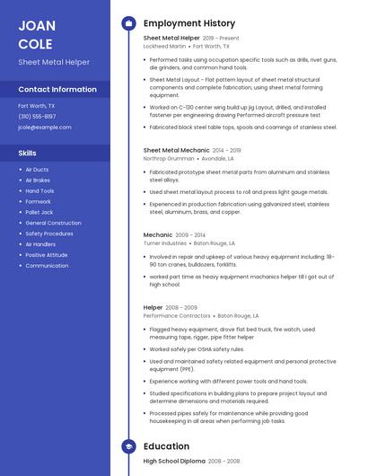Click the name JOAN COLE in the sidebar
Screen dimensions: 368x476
click(x=36, y=34)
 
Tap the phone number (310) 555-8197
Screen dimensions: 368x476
click(x=37, y=116)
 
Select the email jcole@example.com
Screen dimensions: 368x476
click(x=44, y=127)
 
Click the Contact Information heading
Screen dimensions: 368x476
click(x=57, y=90)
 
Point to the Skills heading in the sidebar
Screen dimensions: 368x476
click(x=28, y=153)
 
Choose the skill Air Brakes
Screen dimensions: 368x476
click(x=38, y=181)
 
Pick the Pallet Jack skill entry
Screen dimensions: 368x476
click(x=39, y=212)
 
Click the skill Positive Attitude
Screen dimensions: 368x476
click(x=46, y=255)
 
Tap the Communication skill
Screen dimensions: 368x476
click(x=47, y=266)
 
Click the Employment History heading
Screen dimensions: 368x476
click(x=189, y=23)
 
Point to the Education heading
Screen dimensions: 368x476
click(x=166, y=446)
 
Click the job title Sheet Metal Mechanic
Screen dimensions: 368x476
click(x=176, y=150)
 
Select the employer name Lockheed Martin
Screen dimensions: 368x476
click(x=164, y=46)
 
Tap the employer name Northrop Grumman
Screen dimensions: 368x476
click(x=168, y=158)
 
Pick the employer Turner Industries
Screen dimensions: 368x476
click(x=165, y=242)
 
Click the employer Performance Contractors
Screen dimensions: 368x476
click(x=177, y=315)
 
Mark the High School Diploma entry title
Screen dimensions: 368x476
click(x=173, y=461)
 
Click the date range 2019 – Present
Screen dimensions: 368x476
click(x=221, y=39)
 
